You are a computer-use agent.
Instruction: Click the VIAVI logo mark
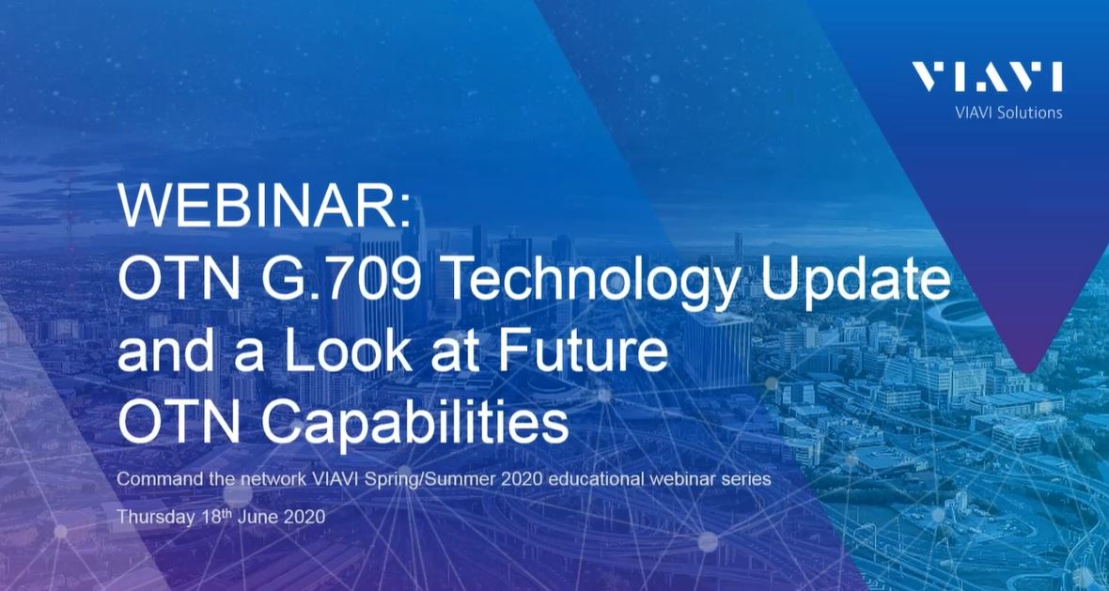(987, 78)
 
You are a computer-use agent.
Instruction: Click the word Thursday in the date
(149, 517)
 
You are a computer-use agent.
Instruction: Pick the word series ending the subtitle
(747, 479)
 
